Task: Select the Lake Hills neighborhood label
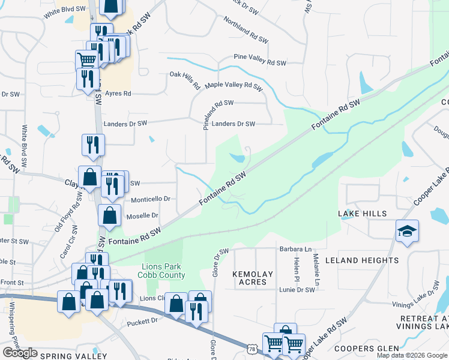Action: click(x=362, y=214)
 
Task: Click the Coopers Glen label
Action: click(x=367, y=349)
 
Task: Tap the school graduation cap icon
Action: click(x=407, y=232)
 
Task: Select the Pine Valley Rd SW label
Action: click(x=260, y=62)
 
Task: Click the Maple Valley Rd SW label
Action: click(x=234, y=86)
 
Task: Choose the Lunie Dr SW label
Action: click(x=298, y=290)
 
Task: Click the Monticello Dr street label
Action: click(x=151, y=199)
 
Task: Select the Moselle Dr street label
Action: click(x=142, y=215)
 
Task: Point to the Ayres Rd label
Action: click(x=118, y=94)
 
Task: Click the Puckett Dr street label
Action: click(x=142, y=322)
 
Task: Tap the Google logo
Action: click(x=20, y=353)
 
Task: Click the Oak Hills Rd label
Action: click(x=185, y=79)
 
